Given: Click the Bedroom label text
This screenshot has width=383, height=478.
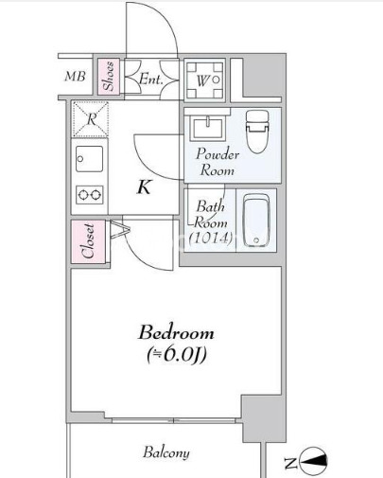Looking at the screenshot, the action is pyautogui.click(x=176, y=333).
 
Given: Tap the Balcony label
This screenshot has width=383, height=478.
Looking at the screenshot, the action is pyautogui.click(x=166, y=453).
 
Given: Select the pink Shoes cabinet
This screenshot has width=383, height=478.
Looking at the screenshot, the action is pyautogui.click(x=108, y=77).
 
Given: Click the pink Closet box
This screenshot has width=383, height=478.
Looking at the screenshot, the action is pyautogui.click(x=88, y=241).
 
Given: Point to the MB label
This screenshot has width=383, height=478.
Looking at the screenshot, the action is pyautogui.click(x=75, y=77).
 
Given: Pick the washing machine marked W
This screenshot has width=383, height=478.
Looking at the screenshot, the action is pyautogui.click(x=204, y=80).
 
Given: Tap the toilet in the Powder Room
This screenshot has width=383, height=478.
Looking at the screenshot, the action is pyautogui.click(x=258, y=132).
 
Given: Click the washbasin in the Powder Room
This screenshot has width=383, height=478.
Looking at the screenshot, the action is pyautogui.click(x=208, y=128).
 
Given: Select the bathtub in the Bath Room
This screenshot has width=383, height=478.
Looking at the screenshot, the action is pyautogui.click(x=256, y=221).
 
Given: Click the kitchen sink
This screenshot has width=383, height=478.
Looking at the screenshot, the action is pyautogui.click(x=89, y=159).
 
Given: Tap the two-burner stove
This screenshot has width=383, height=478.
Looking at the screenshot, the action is pyautogui.click(x=90, y=195).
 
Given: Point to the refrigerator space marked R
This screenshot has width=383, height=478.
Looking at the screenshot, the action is pyautogui.click(x=91, y=119).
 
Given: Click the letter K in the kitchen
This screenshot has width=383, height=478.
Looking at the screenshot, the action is pyautogui.click(x=145, y=187).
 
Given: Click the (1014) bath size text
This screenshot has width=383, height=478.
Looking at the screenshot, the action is pyautogui.click(x=211, y=239).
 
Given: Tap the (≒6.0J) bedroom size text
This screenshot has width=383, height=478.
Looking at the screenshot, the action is pyautogui.click(x=177, y=355).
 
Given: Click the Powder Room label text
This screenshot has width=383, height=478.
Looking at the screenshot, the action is pyautogui.click(x=218, y=162).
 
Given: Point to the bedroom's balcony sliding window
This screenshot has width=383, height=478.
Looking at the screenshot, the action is pyautogui.click(x=174, y=420).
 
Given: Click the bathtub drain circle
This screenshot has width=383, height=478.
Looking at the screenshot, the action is pyautogui.click(x=256, y=240).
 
